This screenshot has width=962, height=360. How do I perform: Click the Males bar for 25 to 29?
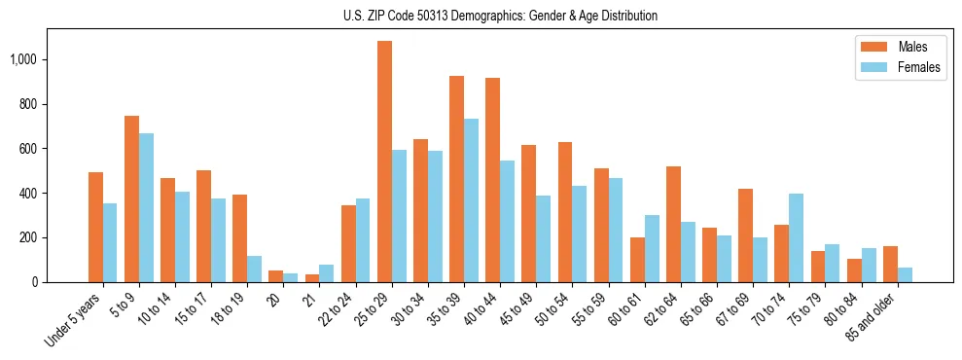click(x=384, y=162)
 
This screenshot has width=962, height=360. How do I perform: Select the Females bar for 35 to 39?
click(x=471, y=200)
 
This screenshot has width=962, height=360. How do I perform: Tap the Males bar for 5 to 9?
click(x=131, y=198)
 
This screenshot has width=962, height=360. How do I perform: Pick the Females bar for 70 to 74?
click(x=796, y=237)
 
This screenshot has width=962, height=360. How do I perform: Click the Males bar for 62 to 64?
click(x=673, y=224)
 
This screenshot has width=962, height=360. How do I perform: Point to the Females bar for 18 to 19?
click(x=254, y=269)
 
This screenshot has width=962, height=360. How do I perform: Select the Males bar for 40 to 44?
click(x=492, y=180)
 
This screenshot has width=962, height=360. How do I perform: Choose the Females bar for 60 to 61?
click(x=652, y=248)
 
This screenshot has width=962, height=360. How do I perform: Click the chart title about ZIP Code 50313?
click(x=500, y=16)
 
